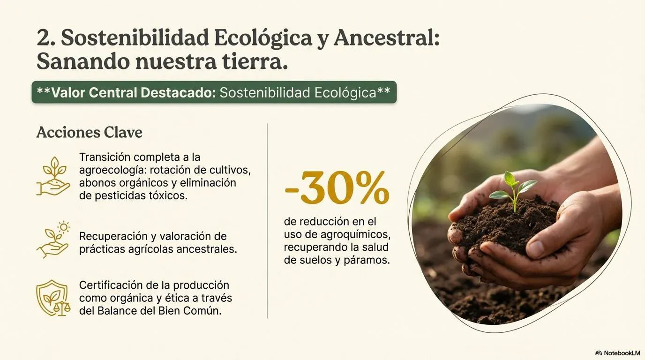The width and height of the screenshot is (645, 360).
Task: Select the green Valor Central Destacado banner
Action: [214, 92]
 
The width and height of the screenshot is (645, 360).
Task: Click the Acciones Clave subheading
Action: [89, 133]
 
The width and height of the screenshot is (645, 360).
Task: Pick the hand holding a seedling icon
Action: [53, 176]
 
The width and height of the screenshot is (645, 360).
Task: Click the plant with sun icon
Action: [53, 240]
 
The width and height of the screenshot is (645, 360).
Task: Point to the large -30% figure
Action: [337, 188]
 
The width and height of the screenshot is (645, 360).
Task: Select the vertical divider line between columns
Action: [267, 220]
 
